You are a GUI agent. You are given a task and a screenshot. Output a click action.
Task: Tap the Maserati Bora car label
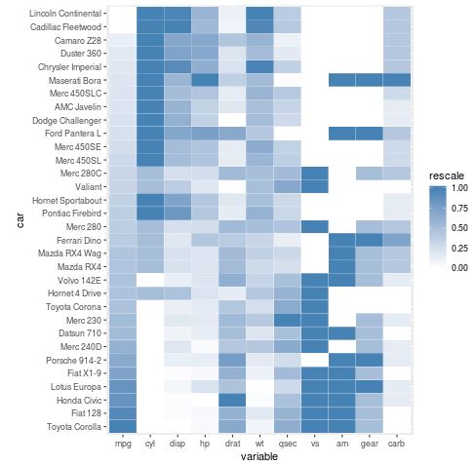(x=76, y=79)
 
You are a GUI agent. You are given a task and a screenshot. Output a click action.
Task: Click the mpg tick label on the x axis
(x=122, y=444)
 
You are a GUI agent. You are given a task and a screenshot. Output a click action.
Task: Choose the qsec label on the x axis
(x=288, y=444)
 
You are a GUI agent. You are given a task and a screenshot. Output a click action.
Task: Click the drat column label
(x=232, y=444)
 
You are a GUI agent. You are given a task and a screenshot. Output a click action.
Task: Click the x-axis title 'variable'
(x=260, y=456)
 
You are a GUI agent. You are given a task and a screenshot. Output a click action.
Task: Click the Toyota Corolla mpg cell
(x=122, y=425)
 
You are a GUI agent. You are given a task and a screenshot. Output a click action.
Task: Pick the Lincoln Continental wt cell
(x=260, y=14)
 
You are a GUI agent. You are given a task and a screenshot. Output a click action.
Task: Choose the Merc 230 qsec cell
(x=288, y=320)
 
